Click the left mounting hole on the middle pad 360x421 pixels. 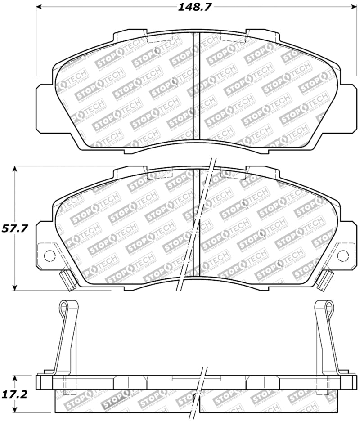pos(49,256)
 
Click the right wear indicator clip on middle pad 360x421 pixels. pos(324,281)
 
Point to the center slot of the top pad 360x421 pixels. pos(196,85)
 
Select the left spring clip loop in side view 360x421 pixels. pos(64,307)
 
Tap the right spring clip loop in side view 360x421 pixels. pos(328,307)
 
